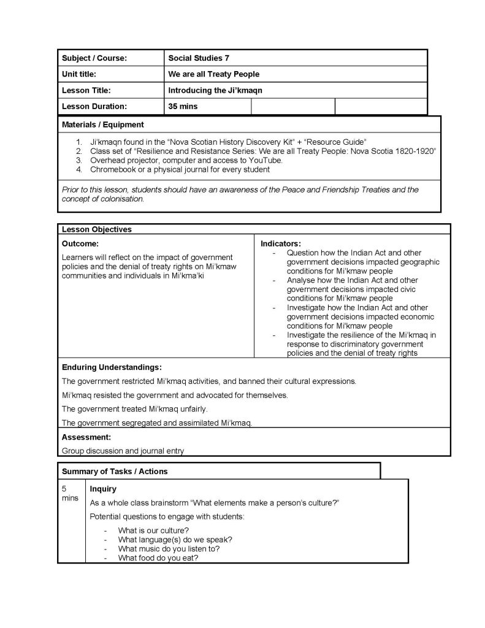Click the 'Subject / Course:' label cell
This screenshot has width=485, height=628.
pyautogui.click(x=94, y=58)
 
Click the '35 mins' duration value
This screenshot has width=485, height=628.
pyautogui.click(x=183, y=106)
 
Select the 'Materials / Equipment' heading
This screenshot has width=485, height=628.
pyautogui.click(x=103, y=124)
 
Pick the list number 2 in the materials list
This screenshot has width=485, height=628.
pyautogui.click(x=78, y=150)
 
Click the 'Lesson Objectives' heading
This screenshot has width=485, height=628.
pyautogui.click(x=96, y=229)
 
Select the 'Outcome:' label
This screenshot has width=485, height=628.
pyautogui.click(x=80, y=243)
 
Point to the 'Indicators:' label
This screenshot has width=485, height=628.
pyautogui.click(x=281, y=243)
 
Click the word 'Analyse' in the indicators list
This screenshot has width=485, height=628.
pyautogui.click(x=302, y=280)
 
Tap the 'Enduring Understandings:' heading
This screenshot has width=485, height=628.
pyautogui.click(x=112, y=367)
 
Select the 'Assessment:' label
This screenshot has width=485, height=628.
pyautogui.click(x=86, y=437)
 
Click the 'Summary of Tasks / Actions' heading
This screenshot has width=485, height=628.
pyautogui.click(x=115, y=471)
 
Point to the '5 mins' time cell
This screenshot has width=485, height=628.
pyautogui.click(x=70, y=493)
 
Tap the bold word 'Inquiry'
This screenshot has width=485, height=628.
pyautogui.click(x=103, y=489)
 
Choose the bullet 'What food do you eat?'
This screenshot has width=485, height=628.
pyautogui.click(x=158, y=557)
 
